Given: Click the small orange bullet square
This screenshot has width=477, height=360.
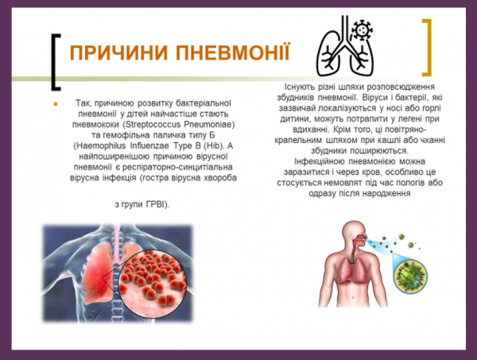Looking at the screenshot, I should tap(56, 104).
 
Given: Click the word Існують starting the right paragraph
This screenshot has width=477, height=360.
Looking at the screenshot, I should tap(301, 87).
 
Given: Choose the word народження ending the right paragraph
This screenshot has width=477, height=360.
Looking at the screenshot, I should tap(383, 193).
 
